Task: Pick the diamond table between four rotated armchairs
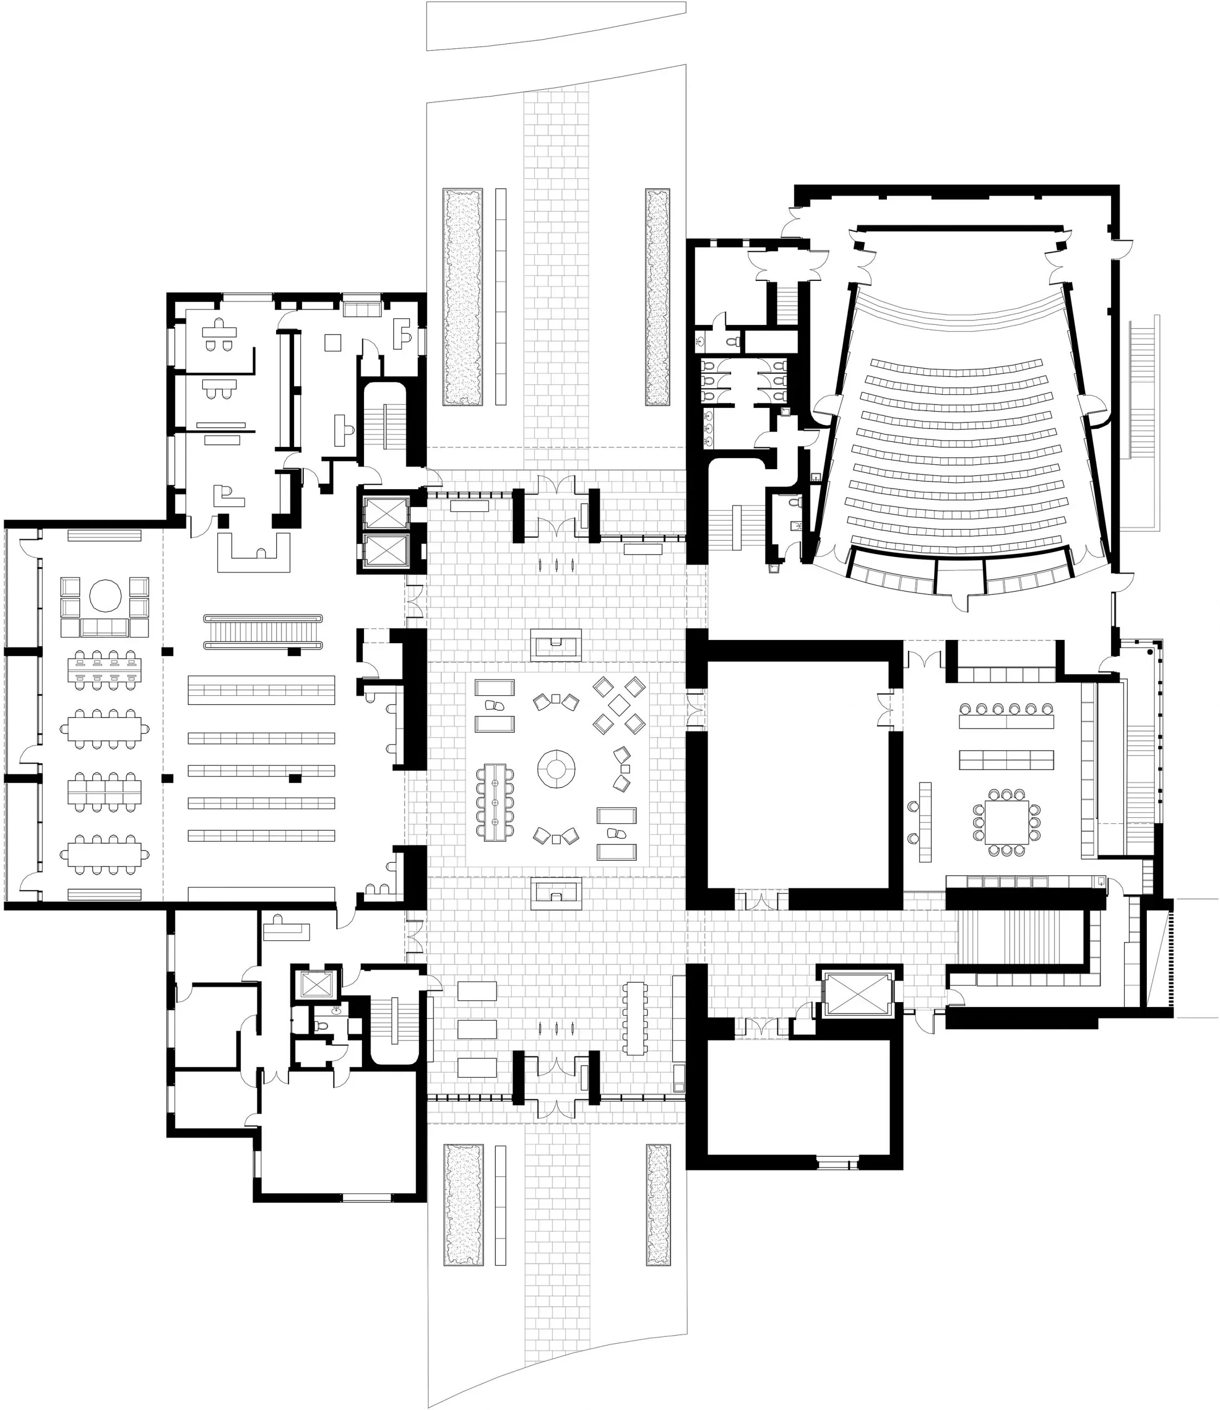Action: pyautogui.click(x=618, y=705)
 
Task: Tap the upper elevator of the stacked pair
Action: pyautogui.click(x=385, y=512)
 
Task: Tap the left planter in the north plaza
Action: pyautogui.click(x=463, y=297)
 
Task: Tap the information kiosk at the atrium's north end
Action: pyautogui.click(x=556, y=644)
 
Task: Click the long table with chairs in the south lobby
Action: pyautogui.click(x=635, y=1018)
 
